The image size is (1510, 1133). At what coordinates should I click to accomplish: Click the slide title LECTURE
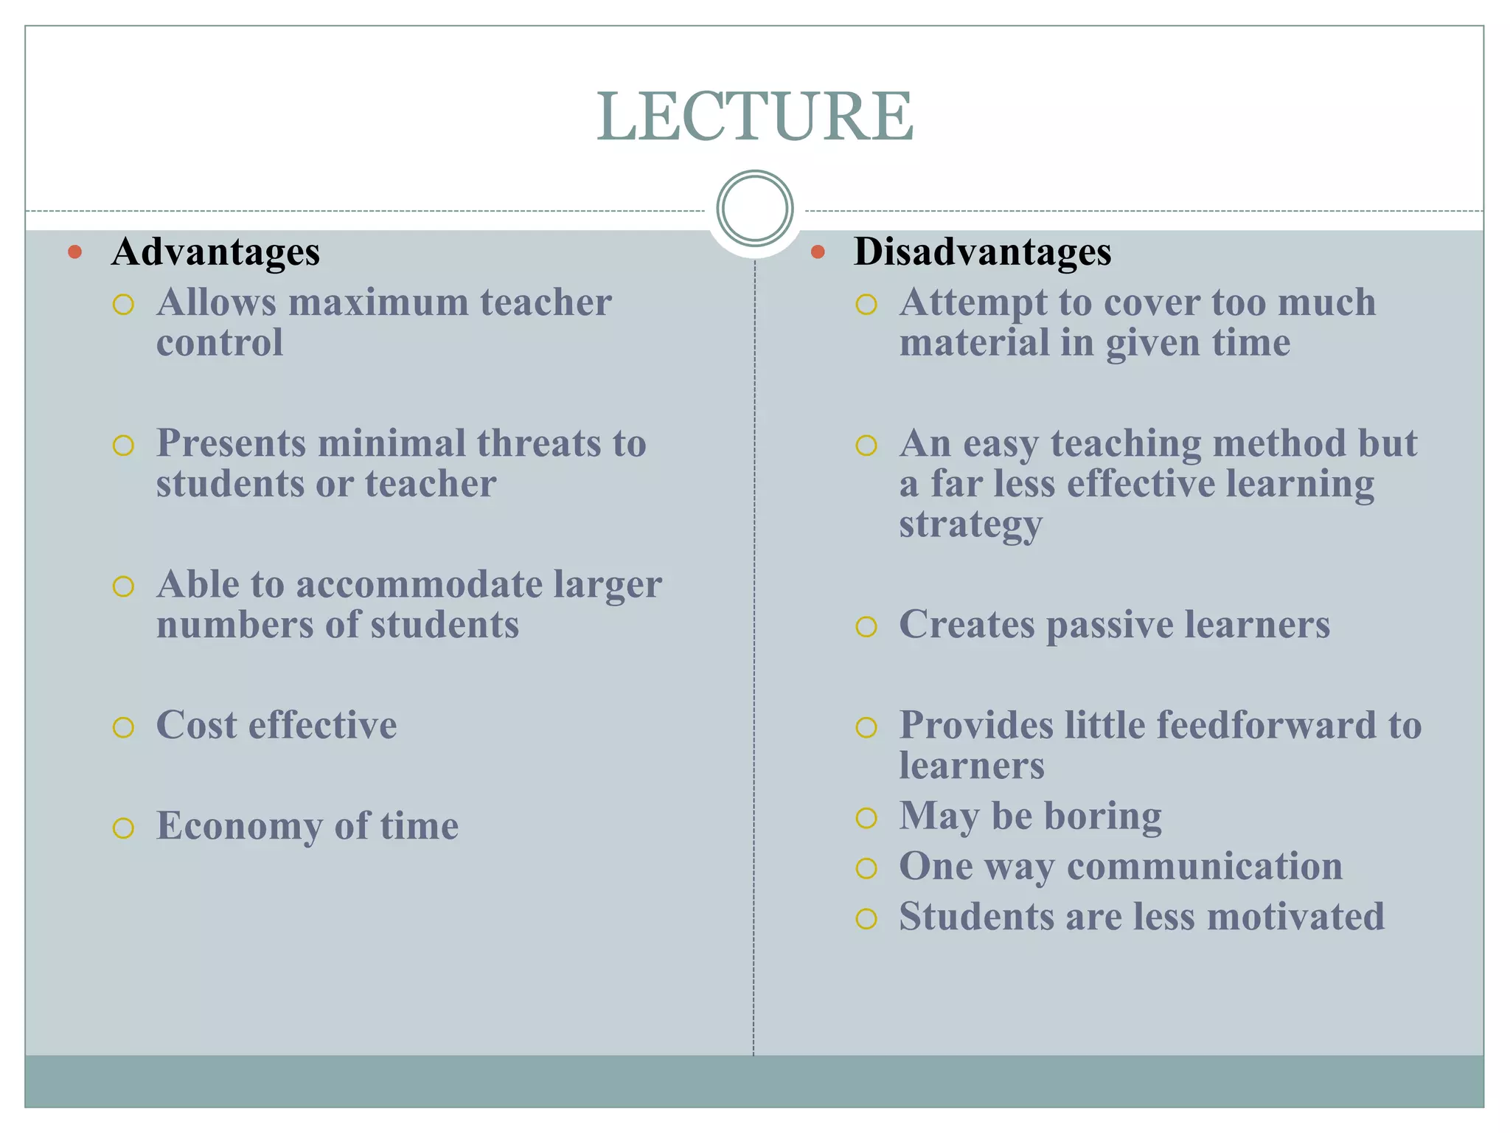(x=754, y=116)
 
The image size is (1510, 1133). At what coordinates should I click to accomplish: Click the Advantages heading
(x=215, y=252)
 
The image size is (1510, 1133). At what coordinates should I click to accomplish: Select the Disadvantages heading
(x=982, y=252)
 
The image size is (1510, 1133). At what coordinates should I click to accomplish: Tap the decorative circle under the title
(x=754, y=208)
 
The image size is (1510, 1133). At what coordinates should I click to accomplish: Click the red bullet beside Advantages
(x=74, y=252)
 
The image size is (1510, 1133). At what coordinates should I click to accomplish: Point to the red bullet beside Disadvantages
(x=817, y=252)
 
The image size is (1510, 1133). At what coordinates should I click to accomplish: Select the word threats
(x=537, y=443)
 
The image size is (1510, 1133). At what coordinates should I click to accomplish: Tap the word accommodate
(x=419, y=584)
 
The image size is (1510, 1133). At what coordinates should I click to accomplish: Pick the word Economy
(x=239, y=825)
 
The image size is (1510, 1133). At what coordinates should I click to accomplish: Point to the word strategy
(x=970, y=525)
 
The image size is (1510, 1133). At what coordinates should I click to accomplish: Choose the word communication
(x=1205, y=866)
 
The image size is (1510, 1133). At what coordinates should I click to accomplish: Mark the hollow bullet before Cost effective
(x=123, y=727)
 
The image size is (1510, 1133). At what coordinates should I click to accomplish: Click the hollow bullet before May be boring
(x=866, y=818)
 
